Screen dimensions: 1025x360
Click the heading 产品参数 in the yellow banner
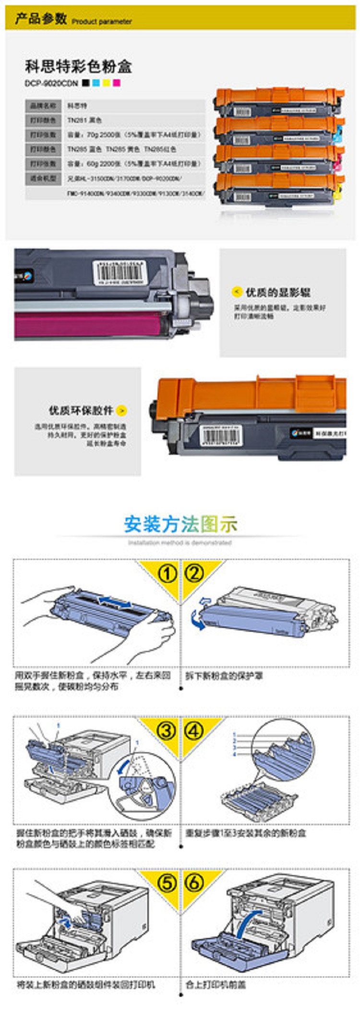pyautogui.click(x=41, y=19)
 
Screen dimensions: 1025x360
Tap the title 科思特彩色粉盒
pyautogui.click(x=78, y=66)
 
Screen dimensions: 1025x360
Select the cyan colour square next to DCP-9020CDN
pyautogui.click(x=96, y=83)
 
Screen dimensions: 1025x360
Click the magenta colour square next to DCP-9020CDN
pyautogui.click(x=116, y=83)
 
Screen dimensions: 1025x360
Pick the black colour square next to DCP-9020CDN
pyautogui.click(x=86, y=83)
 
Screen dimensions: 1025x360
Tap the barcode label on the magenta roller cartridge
pyautogui.click(x=120, y=273)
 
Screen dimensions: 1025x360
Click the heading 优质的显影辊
pyautogui.click(x=278, y=292)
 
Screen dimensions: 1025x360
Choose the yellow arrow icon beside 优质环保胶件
pyautogui.click(x=122, y=410)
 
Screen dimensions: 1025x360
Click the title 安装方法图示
pyautogui.click(x=180, y=524)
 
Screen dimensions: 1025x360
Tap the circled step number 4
pyautogui.click(x=194, y=731)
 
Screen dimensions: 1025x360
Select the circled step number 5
pyautogui.click(x=167, y=883)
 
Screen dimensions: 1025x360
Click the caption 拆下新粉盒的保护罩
pyautogui.click(x=224, y=676)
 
